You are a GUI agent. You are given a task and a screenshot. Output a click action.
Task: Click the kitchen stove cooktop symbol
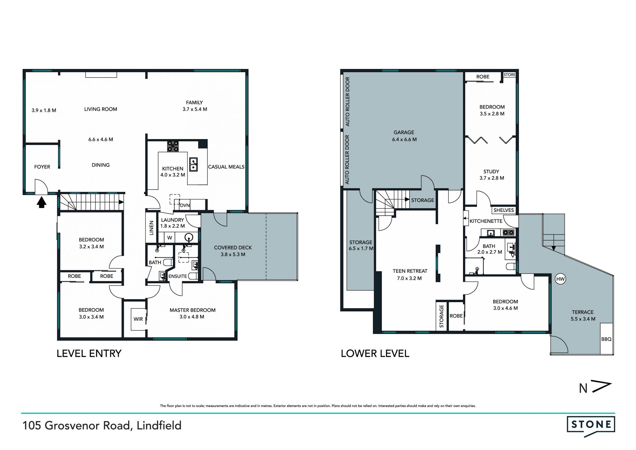[173, 146]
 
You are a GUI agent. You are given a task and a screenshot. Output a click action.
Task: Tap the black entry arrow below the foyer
[41, 202]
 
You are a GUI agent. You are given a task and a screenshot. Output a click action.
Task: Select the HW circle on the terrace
[560, 279]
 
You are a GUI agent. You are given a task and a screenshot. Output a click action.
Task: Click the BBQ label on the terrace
[606, 339]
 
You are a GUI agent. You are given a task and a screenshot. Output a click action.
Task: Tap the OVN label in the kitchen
[185, 205]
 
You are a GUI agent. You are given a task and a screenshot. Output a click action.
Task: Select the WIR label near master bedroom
[138, 319]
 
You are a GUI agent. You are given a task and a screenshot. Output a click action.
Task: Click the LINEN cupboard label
[151, 228]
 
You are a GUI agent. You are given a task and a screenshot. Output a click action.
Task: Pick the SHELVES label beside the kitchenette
[503, 210]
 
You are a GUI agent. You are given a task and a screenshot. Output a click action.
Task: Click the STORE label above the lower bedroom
[509, 75]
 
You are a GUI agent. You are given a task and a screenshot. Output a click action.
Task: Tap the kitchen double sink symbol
[193, 165]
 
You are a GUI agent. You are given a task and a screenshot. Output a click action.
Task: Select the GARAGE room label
[404, 132]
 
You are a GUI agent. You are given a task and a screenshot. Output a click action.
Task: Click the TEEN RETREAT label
[410, 271]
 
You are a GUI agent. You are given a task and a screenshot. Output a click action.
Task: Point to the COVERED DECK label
[233, 247]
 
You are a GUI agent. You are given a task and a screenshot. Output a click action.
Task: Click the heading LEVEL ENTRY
[89, 354]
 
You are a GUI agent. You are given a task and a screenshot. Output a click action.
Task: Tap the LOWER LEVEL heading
[375, 354]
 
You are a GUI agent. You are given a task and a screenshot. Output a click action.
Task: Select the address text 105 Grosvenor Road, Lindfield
[102, 425]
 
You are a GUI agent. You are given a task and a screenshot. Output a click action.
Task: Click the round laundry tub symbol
[189, 237]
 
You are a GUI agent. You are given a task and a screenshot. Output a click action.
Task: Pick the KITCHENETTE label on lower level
[486, 221]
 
